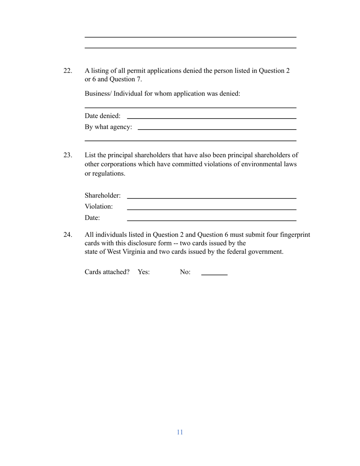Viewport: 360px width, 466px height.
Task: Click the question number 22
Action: click(x=67, y=71)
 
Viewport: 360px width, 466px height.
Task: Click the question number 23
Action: click(x=67, y=155)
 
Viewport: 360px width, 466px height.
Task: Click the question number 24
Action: click(x=67, y=235)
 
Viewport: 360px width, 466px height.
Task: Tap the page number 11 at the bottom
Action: click(x=180, y=432)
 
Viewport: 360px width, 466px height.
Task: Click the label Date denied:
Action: click(x=103, y=116)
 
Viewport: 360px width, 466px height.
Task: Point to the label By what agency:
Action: click(x=108, y=127)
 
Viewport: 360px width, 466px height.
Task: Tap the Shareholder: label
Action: click(x=103, y=195)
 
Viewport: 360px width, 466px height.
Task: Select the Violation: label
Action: click(x=99, y=206)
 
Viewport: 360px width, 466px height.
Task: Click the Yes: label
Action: click(x=144, y=272)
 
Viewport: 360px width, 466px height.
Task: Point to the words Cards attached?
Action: click(x=107, y=272)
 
